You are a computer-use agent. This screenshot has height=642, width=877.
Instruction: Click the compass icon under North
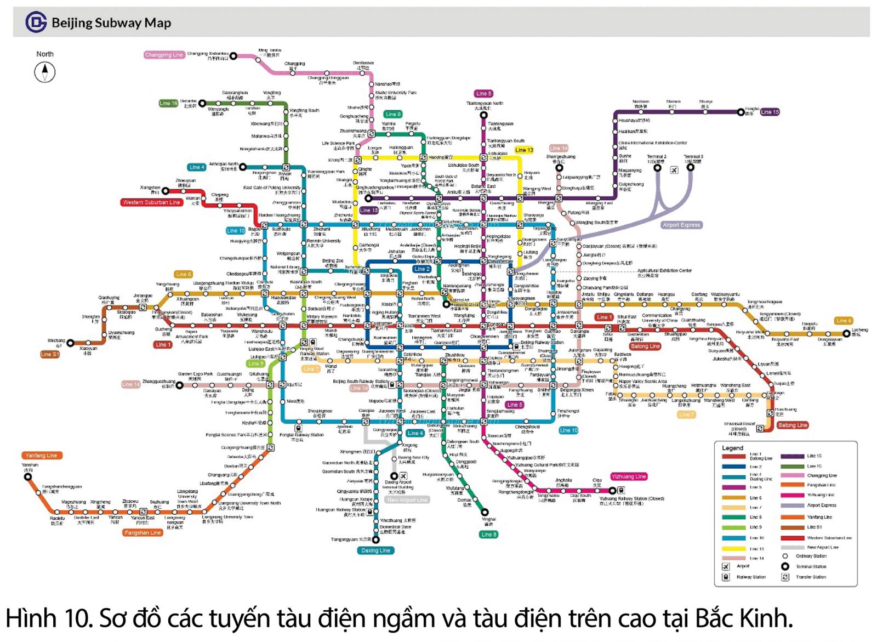pos(45,72)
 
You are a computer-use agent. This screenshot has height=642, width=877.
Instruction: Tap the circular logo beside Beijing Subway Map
pos(36,22)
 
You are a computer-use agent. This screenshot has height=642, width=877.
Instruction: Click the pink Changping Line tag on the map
pos(164,55)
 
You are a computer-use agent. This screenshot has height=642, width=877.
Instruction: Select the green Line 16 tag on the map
pos(168,103)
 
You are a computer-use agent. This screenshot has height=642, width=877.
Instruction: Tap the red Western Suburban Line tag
pos(151,202)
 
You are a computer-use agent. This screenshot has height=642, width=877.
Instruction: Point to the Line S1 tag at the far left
pos(49,354)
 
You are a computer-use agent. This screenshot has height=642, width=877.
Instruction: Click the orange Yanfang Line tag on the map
pos(41,455)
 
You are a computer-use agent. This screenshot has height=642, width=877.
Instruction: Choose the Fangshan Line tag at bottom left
pos(143,532)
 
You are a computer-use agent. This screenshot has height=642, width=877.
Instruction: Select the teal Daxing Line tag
pos(375,550)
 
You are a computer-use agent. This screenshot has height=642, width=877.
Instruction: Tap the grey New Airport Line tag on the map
pos(407,500)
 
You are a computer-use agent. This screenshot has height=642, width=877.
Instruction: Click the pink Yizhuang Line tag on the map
pos(629,476)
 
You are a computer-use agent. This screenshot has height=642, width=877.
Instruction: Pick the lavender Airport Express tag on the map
pos(681,225)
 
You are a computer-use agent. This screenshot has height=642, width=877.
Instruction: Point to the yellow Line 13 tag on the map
pos(524,150)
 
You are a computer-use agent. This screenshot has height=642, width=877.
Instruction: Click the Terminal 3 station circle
pos(691,167)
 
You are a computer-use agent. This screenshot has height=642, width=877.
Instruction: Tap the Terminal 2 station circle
pos(657,168)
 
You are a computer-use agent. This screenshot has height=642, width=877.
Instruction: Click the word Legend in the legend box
pos(732,448)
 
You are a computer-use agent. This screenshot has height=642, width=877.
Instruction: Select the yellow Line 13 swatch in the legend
pos(733,548)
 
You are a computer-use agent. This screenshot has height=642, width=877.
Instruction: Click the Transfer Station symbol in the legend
pos(785,577)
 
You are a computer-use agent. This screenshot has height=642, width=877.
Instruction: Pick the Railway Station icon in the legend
pos(726,577)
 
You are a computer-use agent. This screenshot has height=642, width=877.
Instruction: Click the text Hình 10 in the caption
pos(48,618)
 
